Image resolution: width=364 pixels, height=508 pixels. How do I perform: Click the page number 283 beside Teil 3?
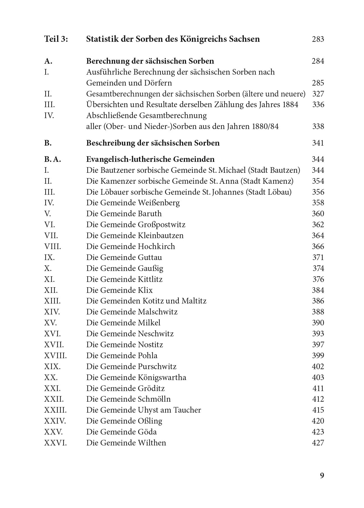(318, 39)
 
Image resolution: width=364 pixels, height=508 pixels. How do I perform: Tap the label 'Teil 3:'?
(56, 39)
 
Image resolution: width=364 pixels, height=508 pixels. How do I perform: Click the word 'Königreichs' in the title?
(204, 39)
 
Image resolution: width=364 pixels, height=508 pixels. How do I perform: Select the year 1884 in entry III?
(290, 105)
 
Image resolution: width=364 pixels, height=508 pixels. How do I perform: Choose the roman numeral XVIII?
(55, 356)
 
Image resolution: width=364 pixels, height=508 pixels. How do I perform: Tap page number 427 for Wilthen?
(318, 443)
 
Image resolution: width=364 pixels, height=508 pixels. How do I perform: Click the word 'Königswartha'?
(162, 378)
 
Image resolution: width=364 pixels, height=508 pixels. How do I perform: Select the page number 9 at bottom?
(322, 475)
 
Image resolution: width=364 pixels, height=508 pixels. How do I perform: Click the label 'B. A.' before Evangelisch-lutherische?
(52, 159)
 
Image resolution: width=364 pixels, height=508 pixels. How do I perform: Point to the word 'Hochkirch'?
(156, 247)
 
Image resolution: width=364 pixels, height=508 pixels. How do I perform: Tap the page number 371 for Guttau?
(318, 258)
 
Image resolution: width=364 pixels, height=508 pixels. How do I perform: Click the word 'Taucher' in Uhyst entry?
(187, 410)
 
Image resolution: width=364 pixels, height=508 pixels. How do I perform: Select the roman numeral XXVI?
(55, 443)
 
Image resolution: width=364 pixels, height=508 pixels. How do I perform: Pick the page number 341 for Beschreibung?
(318, 143)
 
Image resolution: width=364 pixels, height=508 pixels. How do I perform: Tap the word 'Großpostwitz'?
(161, 225)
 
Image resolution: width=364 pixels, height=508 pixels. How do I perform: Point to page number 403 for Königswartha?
(318, 378)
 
